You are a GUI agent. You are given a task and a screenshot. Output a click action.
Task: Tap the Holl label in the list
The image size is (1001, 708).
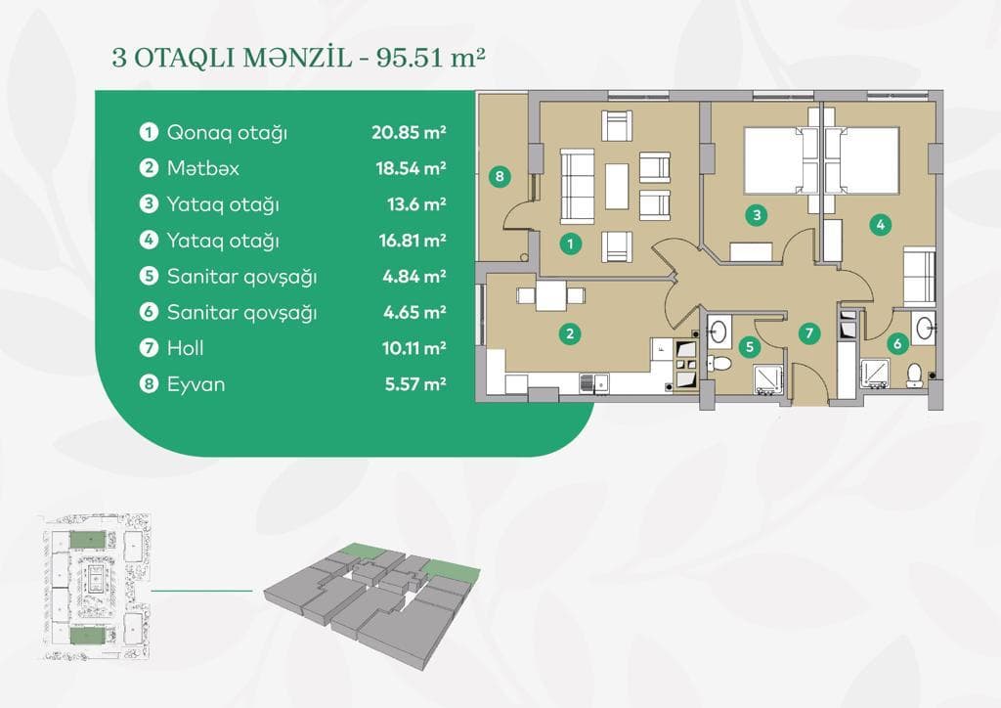coord(186,347)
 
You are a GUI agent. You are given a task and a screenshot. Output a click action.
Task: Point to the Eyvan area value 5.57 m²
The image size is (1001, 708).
coord(414,384)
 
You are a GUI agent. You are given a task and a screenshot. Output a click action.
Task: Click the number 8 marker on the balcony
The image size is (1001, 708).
coord(500,177)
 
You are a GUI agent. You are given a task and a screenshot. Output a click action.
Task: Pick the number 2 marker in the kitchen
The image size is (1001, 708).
coord(569,334)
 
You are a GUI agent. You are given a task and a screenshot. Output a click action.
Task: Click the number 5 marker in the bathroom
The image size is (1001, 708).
coord(750,344)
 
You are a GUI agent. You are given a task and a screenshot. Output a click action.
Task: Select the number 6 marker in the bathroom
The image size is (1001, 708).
coord(895,344)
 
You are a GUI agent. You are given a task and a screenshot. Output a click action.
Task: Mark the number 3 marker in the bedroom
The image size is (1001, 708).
coord(756,214)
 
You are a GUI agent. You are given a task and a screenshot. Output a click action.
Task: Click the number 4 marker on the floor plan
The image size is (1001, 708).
coord(881,224)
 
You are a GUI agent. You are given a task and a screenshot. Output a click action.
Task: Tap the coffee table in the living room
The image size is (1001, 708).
coord(617,186)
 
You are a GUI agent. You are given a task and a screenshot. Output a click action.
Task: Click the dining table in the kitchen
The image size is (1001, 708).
coord(549,295)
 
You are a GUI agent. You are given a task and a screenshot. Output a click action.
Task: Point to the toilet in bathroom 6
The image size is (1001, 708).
coord(915,374)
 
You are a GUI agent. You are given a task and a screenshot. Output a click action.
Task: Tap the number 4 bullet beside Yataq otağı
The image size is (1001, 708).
coord(149,240)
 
